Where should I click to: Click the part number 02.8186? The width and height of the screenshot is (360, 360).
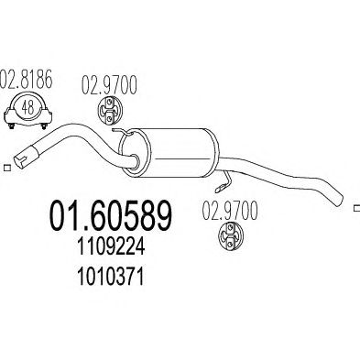27,80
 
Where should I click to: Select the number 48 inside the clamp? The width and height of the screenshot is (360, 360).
27,108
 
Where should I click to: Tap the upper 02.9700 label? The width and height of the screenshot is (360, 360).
109,85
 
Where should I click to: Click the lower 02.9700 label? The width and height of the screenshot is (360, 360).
230,211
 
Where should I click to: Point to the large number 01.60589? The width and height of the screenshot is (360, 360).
111,215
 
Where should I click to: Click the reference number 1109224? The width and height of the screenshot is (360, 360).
111,247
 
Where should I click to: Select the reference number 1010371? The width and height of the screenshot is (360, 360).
111,278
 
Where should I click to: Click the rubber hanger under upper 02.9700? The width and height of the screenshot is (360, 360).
110,111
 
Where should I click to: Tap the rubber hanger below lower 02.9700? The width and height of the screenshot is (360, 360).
230,238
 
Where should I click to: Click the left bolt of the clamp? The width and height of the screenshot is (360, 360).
12,125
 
